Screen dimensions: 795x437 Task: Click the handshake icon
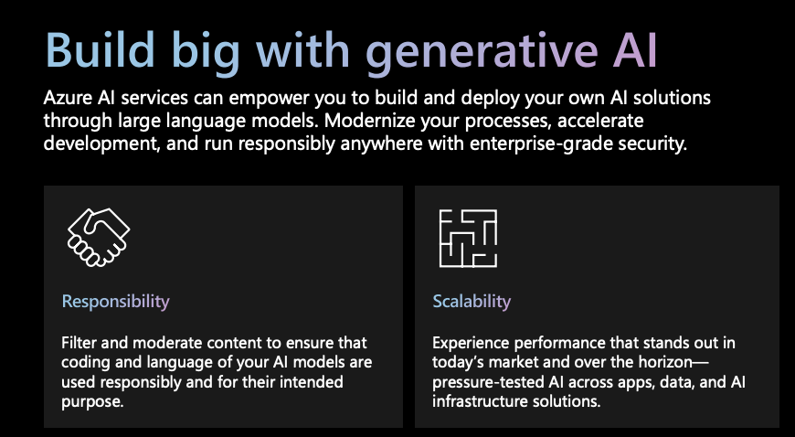pyautogui.click(x=99, y=237)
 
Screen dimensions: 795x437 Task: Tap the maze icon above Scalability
pyautogui.click(x=468, y=238)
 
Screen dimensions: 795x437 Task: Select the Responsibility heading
pyautogui.click(x=116, y=302)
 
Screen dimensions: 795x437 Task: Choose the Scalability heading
pyautogui.click(x=472, y=302)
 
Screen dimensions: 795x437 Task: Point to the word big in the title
pyautogui.click(x=206, y=52)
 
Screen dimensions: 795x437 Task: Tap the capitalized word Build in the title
pyautogui.click(x=100, y=49)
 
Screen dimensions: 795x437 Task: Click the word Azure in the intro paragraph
pyautogui.click(x=67, y=98)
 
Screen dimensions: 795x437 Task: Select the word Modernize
pyautogui.click(x=368, y=121)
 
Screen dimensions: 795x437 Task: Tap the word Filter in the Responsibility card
pyautogui.click(x=79, y=343)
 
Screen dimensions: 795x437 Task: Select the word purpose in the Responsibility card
pyautogui.click(x=92, y=402)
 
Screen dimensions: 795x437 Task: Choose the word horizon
pyautogui.click(x=665, y=362)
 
